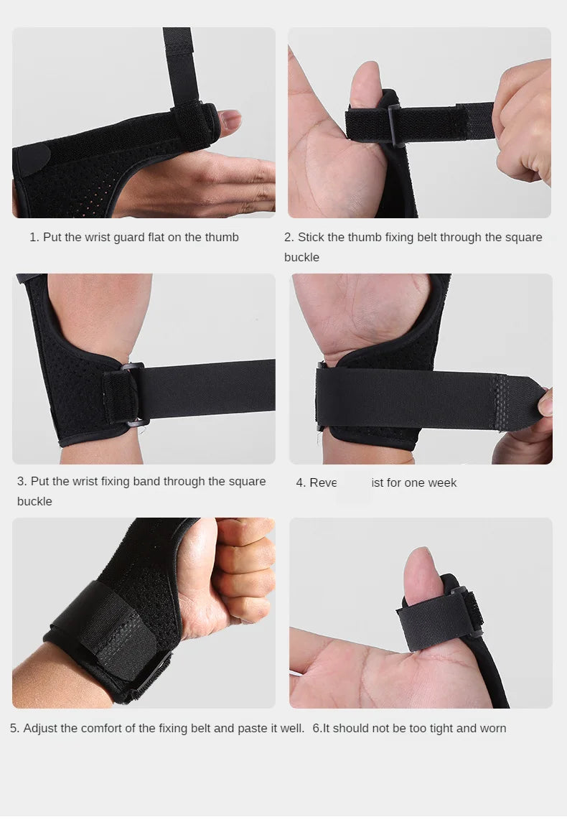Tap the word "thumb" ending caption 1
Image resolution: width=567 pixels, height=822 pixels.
[222, 237]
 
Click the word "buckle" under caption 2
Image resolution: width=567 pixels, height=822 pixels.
[301, 257]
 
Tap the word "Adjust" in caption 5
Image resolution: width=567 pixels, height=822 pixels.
[40, 728]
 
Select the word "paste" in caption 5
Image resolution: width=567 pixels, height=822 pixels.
[253, 728]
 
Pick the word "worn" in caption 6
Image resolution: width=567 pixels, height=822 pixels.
[493, 728]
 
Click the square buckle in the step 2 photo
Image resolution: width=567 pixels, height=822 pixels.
[395, 124]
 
